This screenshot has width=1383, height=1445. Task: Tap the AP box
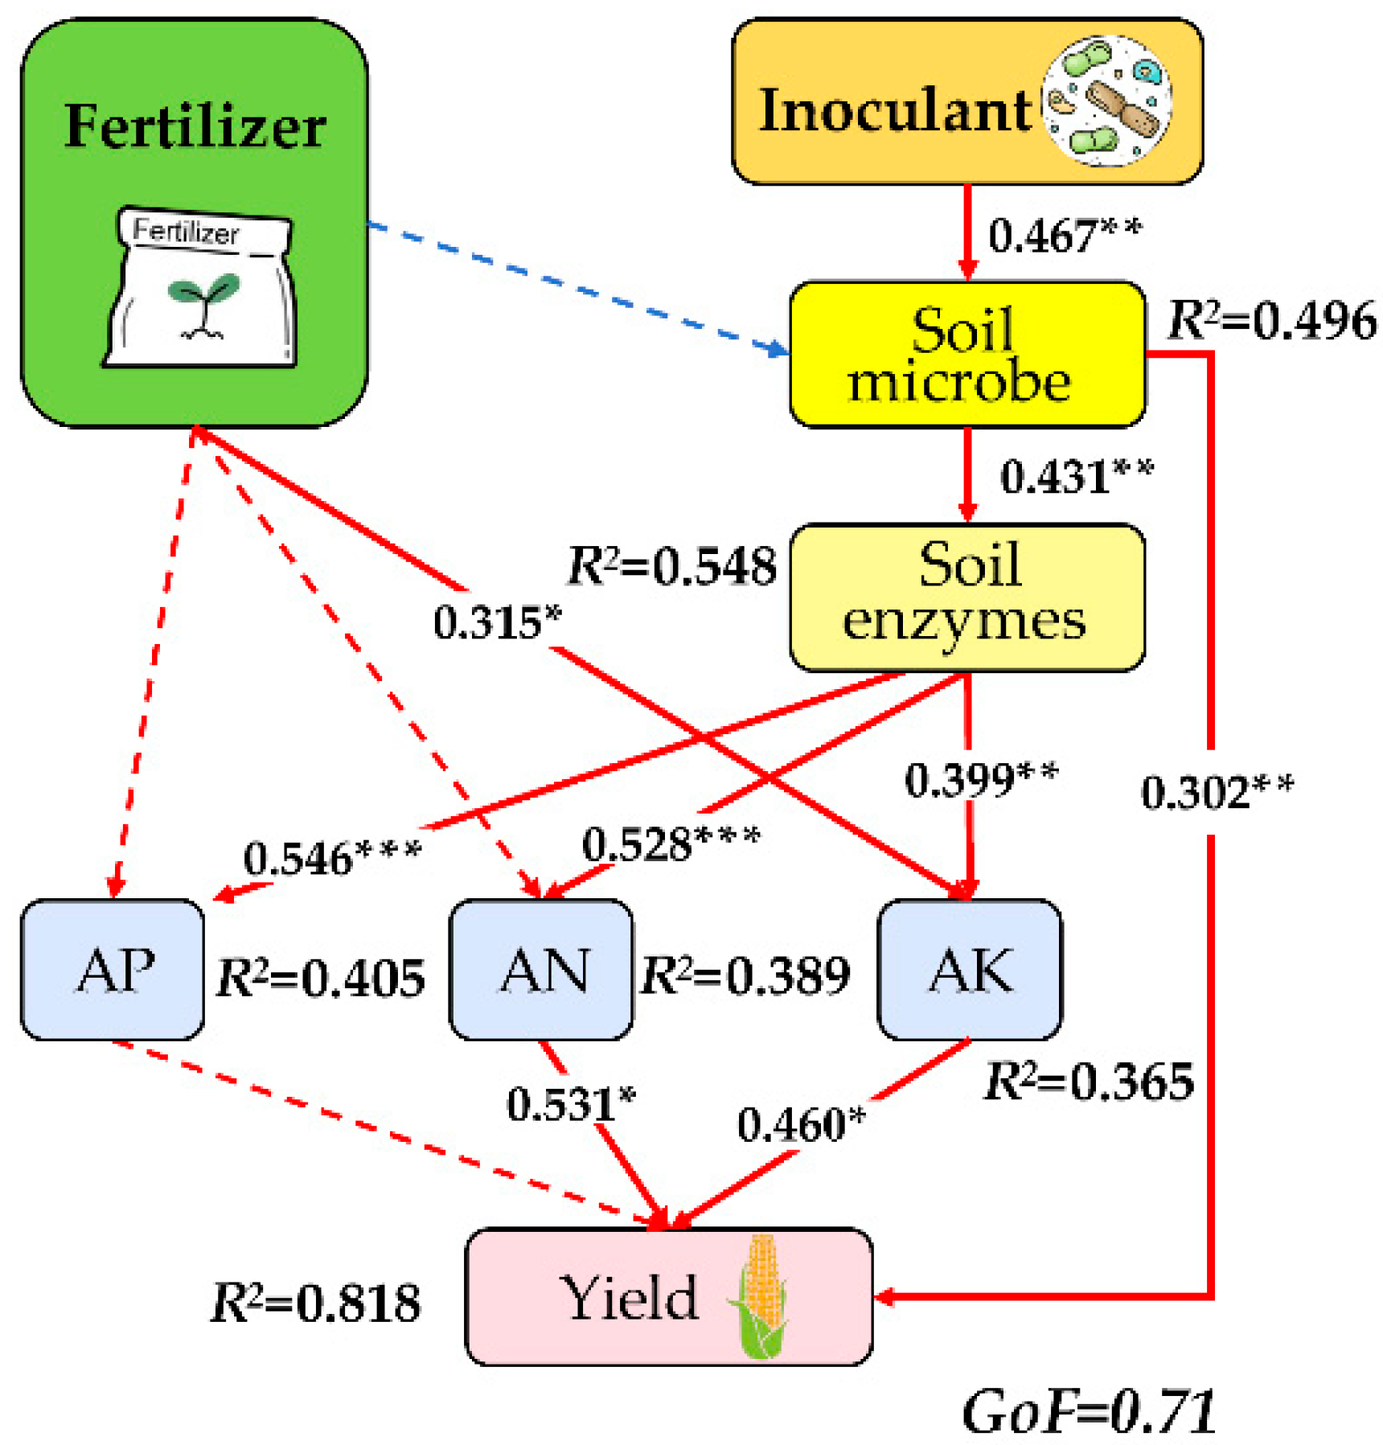tap(112, 969)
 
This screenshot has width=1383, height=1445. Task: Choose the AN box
tap(540, 969)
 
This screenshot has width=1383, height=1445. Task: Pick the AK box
tap(968, 969)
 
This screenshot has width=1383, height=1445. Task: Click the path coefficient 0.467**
tap(1064, 235)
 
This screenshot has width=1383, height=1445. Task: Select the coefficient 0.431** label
tap(1076, 475)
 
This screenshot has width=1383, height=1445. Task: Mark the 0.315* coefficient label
tap(496, 622)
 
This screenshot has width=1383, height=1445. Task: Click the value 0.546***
tap(331, 857)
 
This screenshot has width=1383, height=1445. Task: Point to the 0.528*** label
tap(670, 844)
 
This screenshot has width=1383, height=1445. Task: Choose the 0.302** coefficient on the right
tap(1216, 791)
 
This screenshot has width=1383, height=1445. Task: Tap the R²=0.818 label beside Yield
tap(314, 1302)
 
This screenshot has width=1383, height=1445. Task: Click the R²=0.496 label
tap(1270, 320)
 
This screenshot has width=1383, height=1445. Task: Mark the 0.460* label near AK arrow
tap(800, 1123)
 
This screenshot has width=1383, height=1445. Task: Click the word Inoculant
tap(893, 110)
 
